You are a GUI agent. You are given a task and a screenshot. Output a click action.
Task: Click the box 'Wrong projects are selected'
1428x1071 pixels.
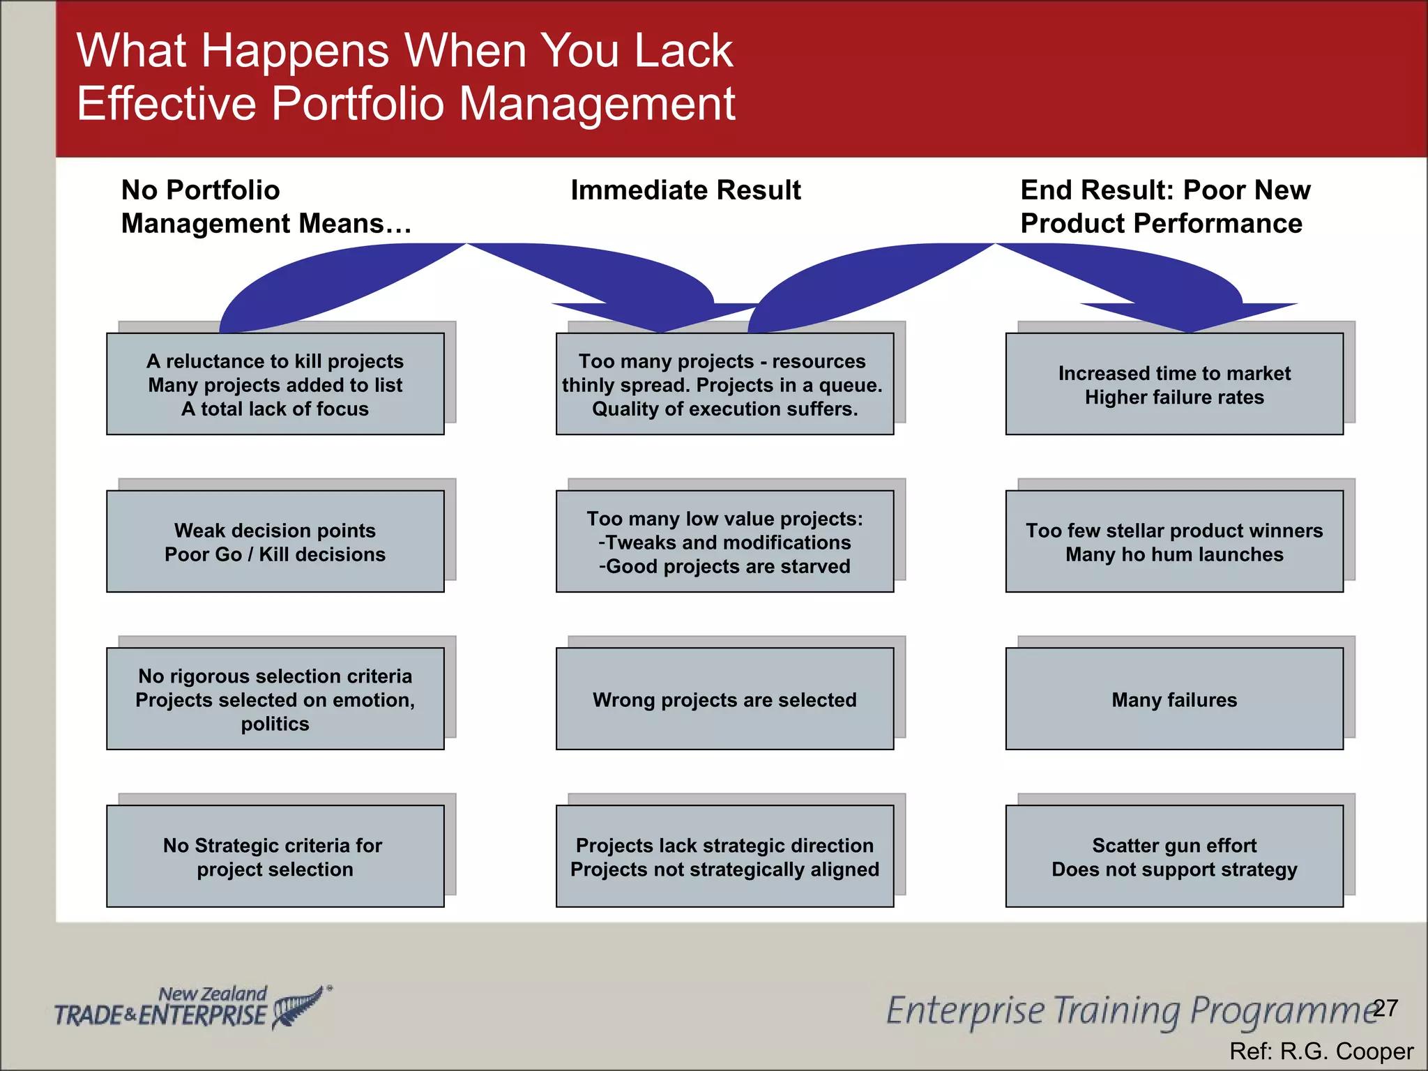point(724,699)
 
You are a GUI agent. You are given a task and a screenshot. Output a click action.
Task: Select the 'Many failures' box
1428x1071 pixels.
point(1174,699)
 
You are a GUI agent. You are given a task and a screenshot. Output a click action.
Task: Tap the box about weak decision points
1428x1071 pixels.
point(275,542)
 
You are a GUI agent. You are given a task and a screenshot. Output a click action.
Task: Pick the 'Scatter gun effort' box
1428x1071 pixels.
point(1174,856)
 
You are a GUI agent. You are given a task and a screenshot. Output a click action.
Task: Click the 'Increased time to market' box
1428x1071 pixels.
point(1174,384)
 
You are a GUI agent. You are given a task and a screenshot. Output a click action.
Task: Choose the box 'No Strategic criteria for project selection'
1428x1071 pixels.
point(275,856)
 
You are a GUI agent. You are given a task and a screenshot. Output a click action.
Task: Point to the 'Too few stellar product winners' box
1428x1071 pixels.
point(1174,542)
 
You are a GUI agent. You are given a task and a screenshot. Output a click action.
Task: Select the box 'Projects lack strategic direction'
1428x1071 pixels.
point(724,856)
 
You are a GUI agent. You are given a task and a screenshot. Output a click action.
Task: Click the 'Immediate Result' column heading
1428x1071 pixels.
point(685,190)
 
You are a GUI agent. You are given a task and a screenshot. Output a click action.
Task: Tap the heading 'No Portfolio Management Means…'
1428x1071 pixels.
point(266,206)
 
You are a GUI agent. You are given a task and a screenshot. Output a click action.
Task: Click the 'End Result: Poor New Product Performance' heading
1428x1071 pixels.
point(1164,206)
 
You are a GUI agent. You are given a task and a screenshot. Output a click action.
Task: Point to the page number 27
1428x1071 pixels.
point(1385,1008)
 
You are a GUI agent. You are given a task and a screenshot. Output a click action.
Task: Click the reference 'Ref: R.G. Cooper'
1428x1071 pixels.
point(1321,1051)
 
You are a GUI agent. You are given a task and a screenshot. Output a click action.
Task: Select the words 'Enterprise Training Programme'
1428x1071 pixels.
point(1130,1011)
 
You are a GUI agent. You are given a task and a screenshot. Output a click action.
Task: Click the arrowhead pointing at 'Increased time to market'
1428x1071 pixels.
point(1190,317)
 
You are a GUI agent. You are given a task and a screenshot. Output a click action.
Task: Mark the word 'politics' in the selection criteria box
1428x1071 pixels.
point(275,724)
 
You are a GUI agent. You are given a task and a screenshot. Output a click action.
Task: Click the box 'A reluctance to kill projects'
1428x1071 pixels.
point(275,384)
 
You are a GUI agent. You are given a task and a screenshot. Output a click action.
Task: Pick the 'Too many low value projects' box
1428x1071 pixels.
point(724,542)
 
